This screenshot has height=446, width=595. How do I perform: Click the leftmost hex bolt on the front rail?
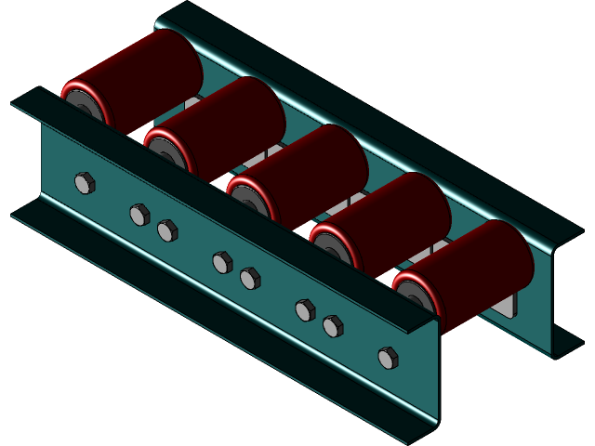(x=85, y=183)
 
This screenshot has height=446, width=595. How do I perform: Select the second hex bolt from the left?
(x=139, y=215)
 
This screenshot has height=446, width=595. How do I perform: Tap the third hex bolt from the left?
(x=167, y=230)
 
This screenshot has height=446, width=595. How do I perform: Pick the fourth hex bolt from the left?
(x=222, y=262)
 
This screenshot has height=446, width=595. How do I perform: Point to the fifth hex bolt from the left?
(x=250, y=278)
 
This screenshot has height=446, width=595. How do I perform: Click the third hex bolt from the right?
(x=305, y=310)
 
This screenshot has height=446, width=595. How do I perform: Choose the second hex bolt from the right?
(x=333, y=326)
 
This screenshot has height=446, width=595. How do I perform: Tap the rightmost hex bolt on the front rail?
(x=389, y=358)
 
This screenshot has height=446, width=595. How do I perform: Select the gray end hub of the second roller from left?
(x=165, y=151)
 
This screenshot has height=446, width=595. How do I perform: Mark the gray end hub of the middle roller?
(x=248, y=199)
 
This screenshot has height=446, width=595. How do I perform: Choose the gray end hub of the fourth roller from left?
(x=331, y=248)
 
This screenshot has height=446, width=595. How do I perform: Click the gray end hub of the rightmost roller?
(x=415, y=295)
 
